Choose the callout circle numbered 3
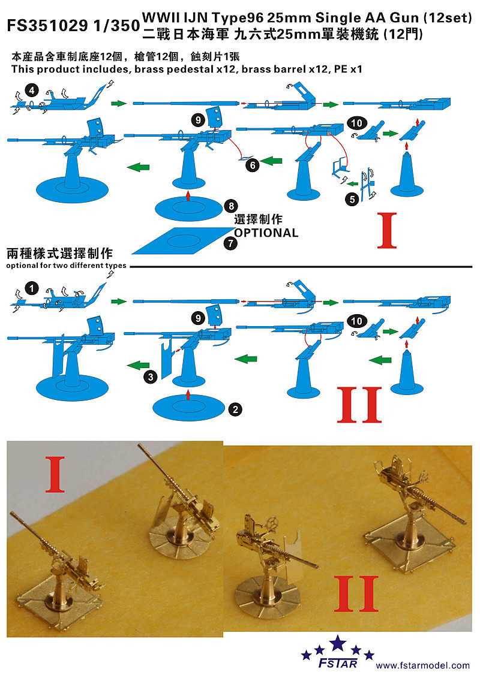pos(151,376)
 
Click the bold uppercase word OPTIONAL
pos(266,233)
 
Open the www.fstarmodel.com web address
pos(423,665)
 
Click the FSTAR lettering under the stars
pos(340,663)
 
